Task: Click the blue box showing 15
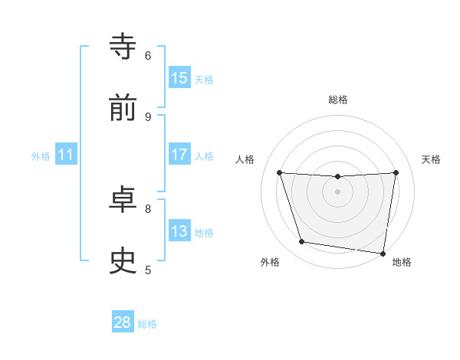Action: (x=179, y=78)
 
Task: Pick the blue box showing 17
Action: (x=179, y=155)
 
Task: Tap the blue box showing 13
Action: (x=179, y=231)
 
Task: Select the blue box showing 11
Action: (x=66, y=155)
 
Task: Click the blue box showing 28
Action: (x=123, y=322)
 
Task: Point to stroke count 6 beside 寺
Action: (x=148, y=55)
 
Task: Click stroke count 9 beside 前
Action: (x=148, y=116)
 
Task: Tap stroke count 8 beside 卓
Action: (x=148, y=208)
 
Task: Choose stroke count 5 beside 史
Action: (x=148, y=270)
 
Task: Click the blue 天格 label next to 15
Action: (x=204, y=79)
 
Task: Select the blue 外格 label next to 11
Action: (x=41, y=155)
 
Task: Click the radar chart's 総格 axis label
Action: (x=337, y=100)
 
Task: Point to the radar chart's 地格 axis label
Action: (x=402, y=262)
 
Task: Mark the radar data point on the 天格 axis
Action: (x=396, y=172)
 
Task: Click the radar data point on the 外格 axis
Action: (x=302, y=242)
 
